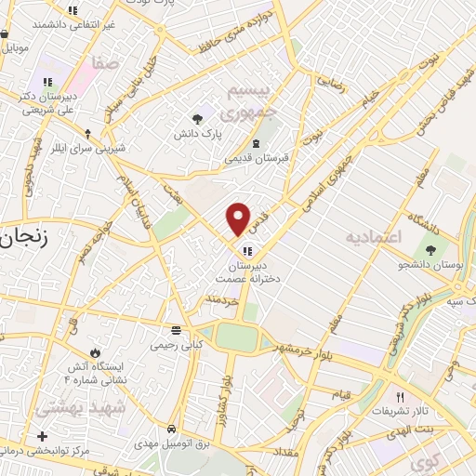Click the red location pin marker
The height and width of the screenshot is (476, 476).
[239, 219]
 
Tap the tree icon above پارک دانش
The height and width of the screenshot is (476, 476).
[197, 117]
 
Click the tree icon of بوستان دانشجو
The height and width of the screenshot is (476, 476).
[430, 248]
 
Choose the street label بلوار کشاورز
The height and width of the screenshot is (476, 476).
[226, 398]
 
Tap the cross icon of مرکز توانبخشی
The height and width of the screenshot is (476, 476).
[42, 436]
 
